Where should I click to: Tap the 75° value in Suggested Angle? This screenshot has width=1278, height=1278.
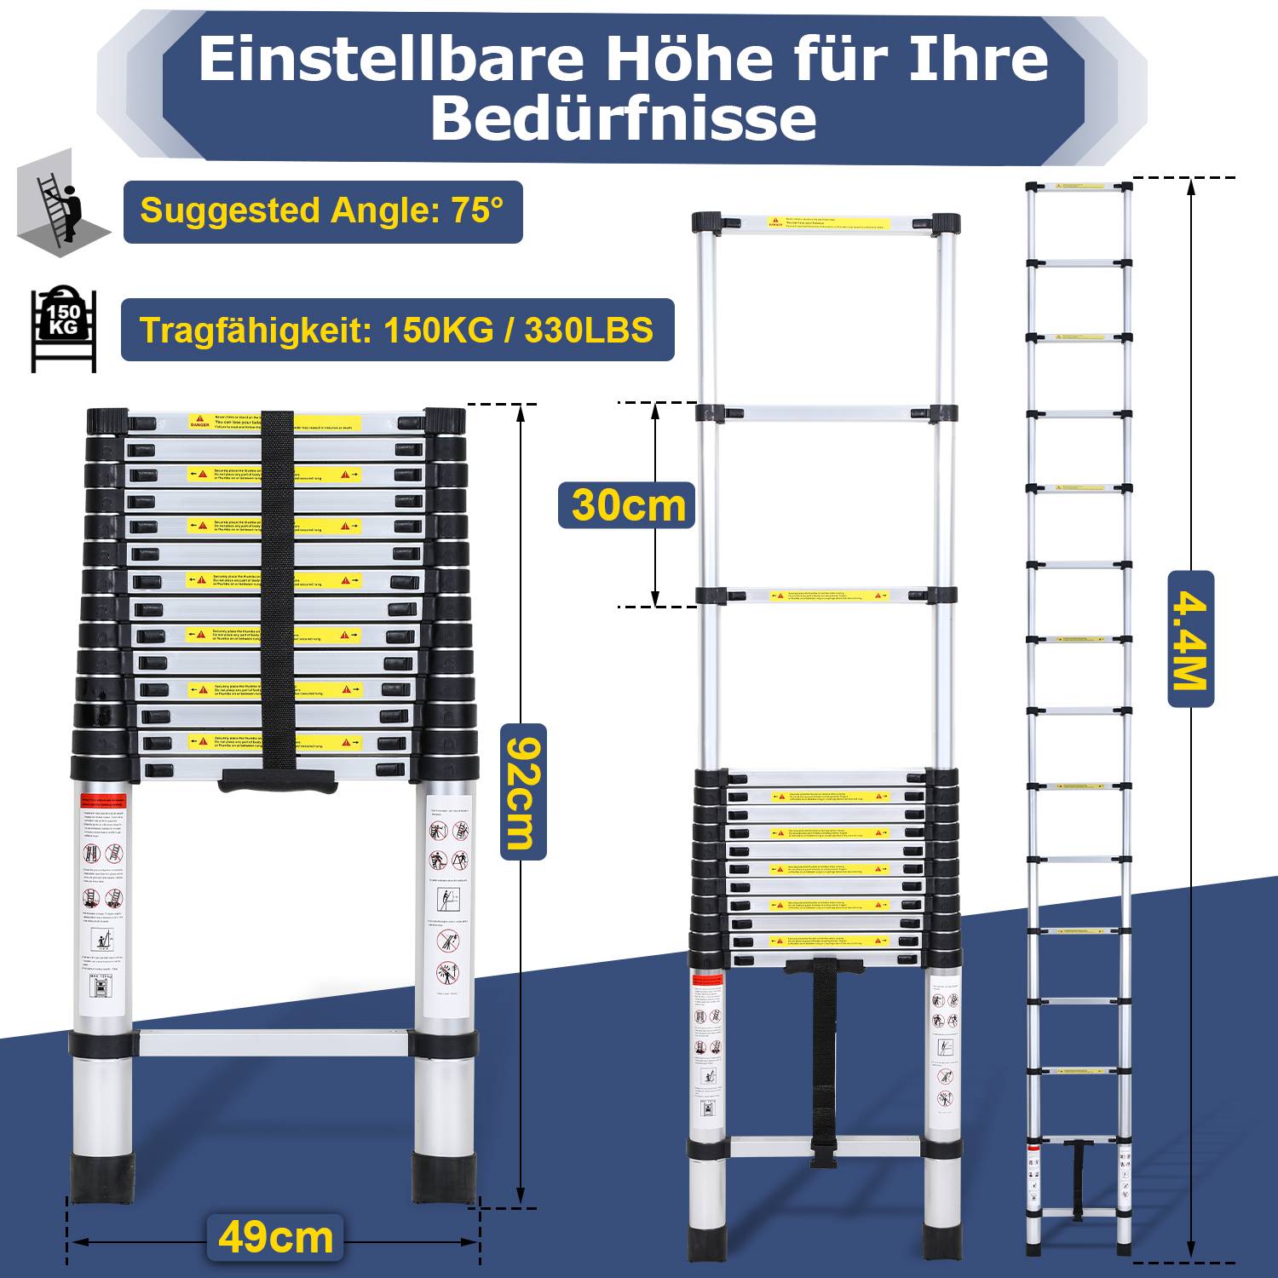click(x=477, y=210)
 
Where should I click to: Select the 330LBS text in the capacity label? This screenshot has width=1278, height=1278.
click(x=589, y=330)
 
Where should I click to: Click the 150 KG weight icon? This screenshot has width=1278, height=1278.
click(x=63, y=328)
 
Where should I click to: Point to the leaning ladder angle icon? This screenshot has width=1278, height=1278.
click(x=61, y=209)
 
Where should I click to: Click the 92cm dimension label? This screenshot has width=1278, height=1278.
click(x=522, y=792)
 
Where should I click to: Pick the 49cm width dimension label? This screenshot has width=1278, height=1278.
click(x=275, y=1238)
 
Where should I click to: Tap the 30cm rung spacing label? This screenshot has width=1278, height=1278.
click(x=628, y=505)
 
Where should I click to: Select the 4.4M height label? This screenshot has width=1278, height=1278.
click(x=1190, y=639)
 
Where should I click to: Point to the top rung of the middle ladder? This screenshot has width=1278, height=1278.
click(x=826, y=224)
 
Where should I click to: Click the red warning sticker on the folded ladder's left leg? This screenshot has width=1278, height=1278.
click(x=104, y=802)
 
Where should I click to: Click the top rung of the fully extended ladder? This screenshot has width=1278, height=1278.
click(x=1079, y=186)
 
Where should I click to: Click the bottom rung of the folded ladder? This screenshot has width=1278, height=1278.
click(x=273, y=1044)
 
